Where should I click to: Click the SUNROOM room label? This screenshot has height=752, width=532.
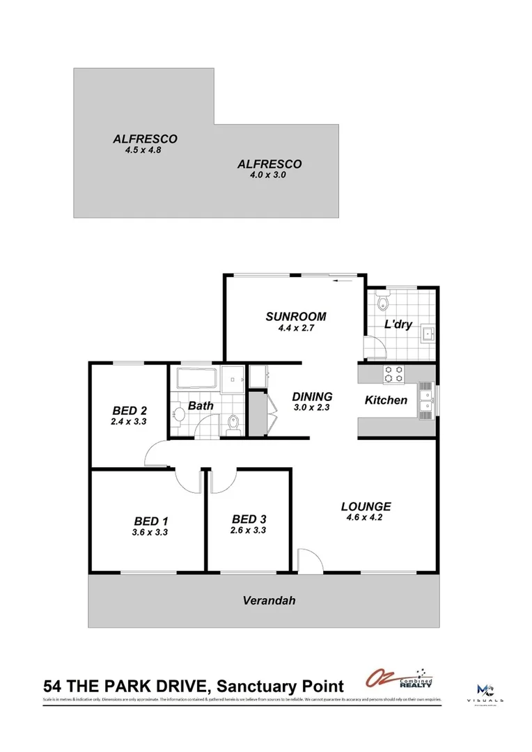click(296, 317)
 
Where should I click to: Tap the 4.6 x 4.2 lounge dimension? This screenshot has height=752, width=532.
click(366, 517)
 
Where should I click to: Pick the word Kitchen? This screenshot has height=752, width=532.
click(386, 400)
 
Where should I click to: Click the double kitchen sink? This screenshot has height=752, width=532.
click(425, 400)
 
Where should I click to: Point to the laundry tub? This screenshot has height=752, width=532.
click(427, 335)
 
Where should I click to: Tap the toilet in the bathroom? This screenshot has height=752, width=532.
click(234, 422)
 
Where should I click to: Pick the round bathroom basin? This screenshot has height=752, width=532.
click(178, 415)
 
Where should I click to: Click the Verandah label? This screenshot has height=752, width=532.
click(264, 600)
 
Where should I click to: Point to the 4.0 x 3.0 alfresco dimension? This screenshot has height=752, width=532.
click(269, 175)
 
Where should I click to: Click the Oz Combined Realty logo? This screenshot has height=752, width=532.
click(399, 680)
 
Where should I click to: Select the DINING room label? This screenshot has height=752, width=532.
click(311, 397)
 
